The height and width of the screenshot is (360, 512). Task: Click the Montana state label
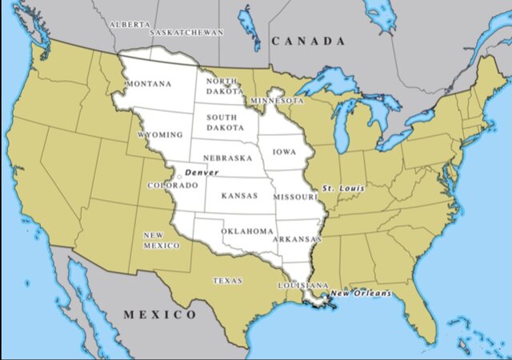(x=148, y=84)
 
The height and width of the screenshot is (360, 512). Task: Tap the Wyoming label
(x=160, y=135)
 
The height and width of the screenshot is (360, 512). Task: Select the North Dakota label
(x=222, y=86)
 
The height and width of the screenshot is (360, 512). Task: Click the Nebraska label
(x=228, y=158)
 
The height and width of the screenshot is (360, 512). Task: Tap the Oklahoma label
(x=247, y=231)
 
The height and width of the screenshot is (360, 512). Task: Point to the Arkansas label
(x=296, y=238)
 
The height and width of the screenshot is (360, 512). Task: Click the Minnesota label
(x=277, y=101)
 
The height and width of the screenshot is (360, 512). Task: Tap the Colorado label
(x=172, y=186)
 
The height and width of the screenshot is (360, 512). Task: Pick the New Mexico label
(x=161, y=241)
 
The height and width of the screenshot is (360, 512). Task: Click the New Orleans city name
(x=362, y=294)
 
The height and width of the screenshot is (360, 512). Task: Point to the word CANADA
(x=307, y=41)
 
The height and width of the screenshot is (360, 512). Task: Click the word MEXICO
(x=159, y=315)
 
